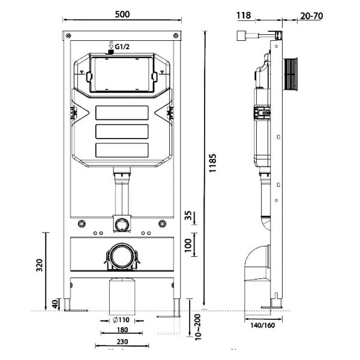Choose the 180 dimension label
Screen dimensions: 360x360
(x=122, y=331)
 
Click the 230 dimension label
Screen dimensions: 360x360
(x=122, y=344)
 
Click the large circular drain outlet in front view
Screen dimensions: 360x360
(x=122, y=257)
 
